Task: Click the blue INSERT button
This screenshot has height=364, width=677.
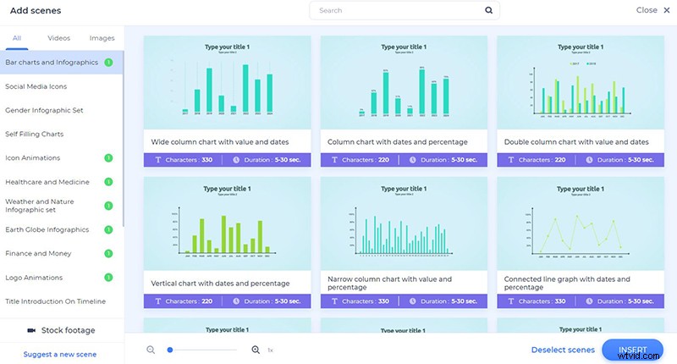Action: tap(632, 350)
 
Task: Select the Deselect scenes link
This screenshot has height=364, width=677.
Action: tap(563, 350)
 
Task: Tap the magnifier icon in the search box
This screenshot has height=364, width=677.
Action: tap(488, 11)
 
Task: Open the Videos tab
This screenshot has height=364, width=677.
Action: tap(58, 38)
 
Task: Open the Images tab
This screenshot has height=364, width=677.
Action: tap(102, 38)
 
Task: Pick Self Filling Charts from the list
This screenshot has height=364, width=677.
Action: tap(35, 134)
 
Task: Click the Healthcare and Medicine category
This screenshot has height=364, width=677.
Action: tap(47, 182)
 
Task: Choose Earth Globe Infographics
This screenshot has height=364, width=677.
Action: tap(47, 229)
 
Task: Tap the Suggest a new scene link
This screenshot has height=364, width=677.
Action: tap(60, 354)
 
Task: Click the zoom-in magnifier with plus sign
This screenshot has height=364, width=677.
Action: tap(256, 350)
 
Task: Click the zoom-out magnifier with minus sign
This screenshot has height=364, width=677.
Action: tap(151, 350)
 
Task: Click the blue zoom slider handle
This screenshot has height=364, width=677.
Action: tap(170, 350)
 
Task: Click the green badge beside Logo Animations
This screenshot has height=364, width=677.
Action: tap(108, 277)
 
